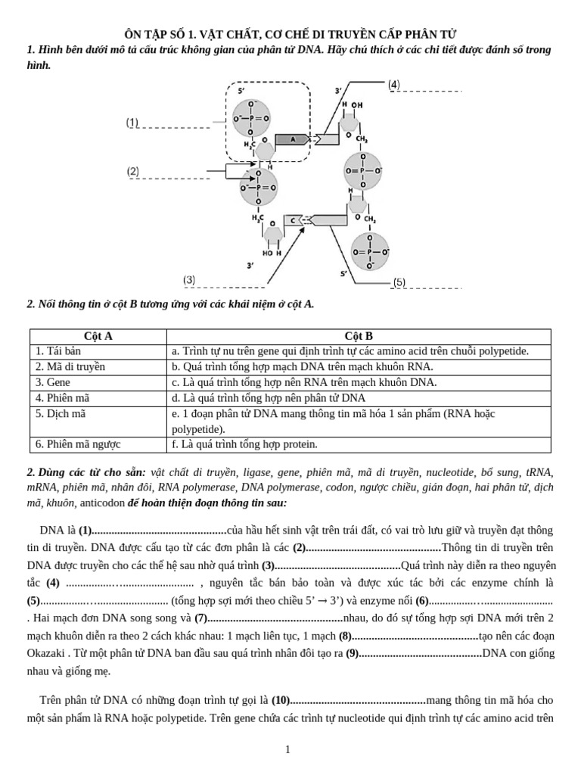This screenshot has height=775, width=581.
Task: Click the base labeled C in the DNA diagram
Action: (x=293, y=220)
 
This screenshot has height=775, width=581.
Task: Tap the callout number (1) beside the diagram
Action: (x=132, y=122)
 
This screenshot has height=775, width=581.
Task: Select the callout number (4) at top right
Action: (x=393, y=84)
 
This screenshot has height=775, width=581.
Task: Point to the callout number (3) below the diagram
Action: (x=189, y=280)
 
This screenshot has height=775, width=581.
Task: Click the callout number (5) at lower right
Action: (x=399, y=282)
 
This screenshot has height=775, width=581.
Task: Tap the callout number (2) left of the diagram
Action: (x=133, y=172)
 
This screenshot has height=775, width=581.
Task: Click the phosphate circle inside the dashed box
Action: (x=251, y=118)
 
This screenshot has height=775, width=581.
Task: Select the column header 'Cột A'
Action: (x=98, y=336)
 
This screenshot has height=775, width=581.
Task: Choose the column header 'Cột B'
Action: (x=358, y=336)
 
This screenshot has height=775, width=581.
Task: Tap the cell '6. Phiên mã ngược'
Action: (x=78, y=444)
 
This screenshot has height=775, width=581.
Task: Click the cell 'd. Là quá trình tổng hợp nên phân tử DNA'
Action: (x=269, y=397)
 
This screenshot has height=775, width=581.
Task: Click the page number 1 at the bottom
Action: (x=287, y=749)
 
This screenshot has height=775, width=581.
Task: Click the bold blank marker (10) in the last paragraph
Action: (x=281, y=700)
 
